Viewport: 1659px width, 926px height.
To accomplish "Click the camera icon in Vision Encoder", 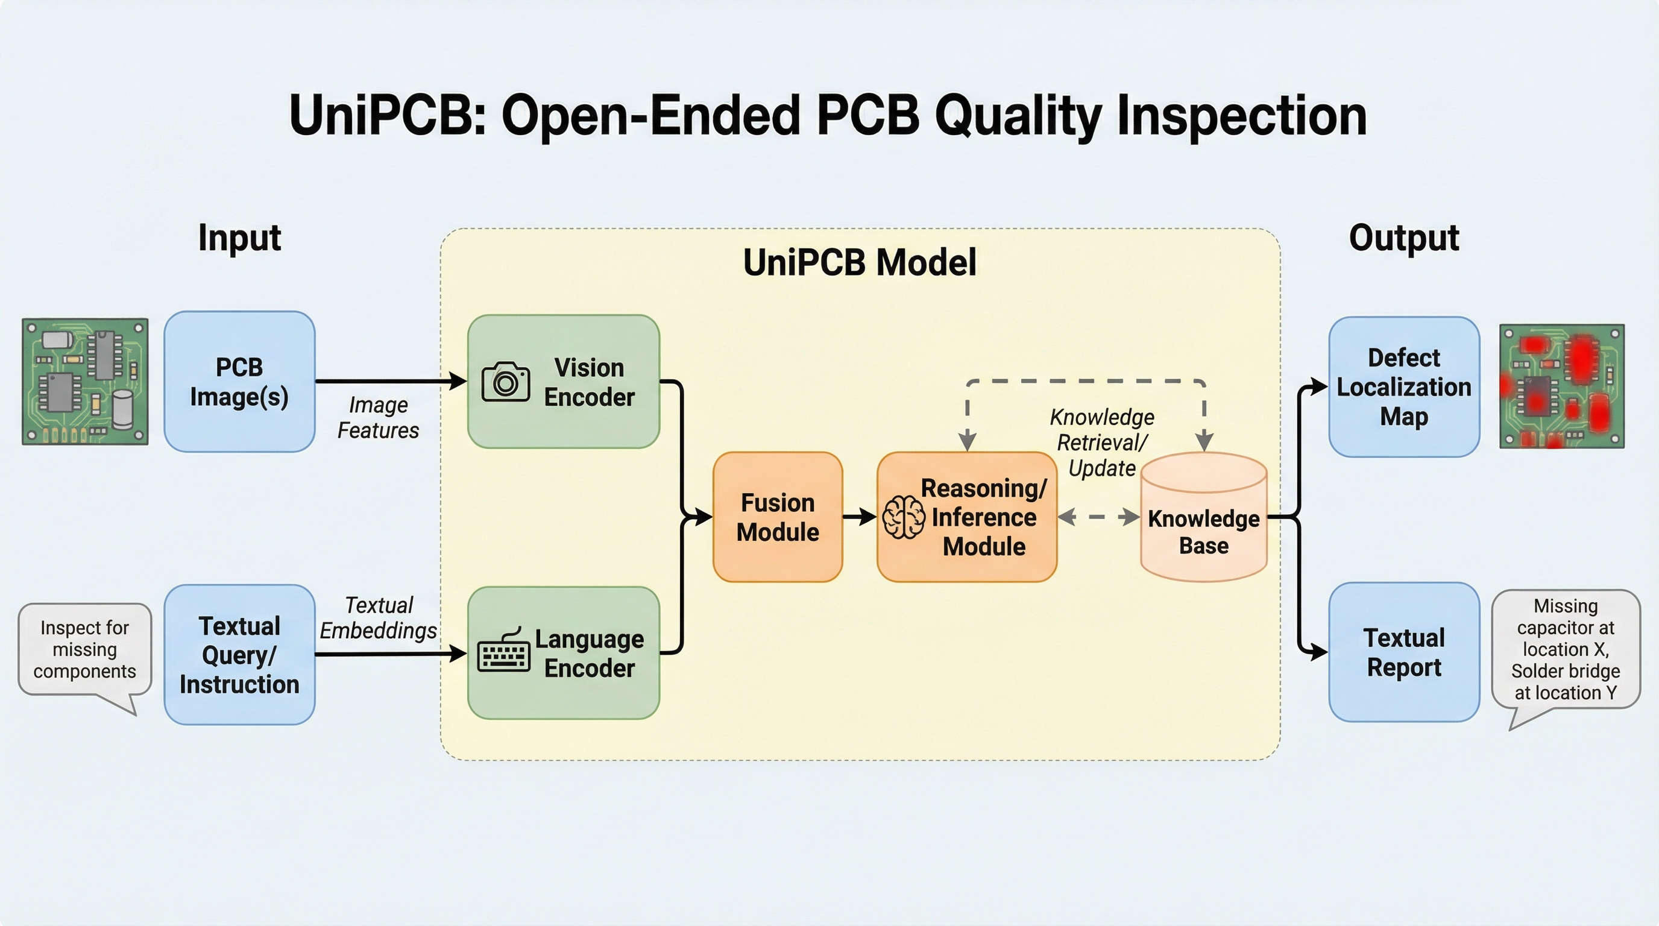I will click(506, 382).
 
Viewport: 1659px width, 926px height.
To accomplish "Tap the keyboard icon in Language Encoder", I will click(503, 652).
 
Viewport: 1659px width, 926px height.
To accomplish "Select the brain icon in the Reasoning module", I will click(903, 517).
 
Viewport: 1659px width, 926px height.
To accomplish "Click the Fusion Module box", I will click(777, 517).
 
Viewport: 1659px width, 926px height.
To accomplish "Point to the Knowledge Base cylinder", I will click(1203, 518).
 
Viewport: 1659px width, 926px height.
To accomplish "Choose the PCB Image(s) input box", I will click(239, 382).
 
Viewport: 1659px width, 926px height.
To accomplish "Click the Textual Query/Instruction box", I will click(239, 654).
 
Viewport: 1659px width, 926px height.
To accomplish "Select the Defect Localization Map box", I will click(1404, 387).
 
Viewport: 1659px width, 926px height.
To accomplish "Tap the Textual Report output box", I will click(1404, 652).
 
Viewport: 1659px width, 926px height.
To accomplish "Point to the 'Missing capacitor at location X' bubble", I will click(1566, 649).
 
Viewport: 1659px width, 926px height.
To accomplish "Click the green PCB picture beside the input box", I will click(85, 381).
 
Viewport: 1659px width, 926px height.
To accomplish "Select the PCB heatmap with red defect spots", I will click(1562, 386).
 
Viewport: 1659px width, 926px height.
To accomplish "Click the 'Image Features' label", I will click(378, 417).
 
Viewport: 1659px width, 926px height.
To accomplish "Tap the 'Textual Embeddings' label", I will click(378, 617).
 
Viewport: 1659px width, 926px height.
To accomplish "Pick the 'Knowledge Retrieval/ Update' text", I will click(1102, 443).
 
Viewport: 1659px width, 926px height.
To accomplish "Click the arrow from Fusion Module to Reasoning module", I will click(859, 517).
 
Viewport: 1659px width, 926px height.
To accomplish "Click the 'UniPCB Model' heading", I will click(860, 262).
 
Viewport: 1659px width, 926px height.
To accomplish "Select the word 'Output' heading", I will click(1403, 238).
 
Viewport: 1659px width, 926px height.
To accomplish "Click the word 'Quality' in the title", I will click(1018, 115).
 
